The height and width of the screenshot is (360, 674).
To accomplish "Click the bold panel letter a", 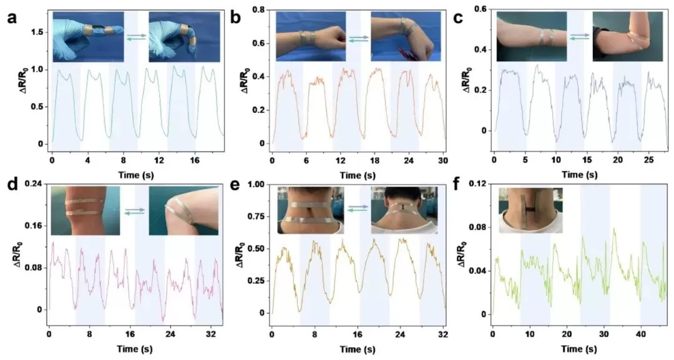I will tap(11, 18).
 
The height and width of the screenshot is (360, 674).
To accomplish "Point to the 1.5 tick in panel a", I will tap(38, 31).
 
